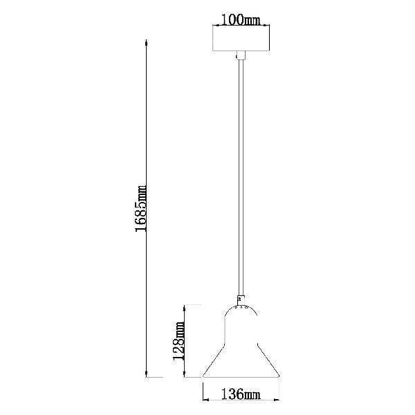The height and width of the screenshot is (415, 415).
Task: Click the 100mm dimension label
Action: [x=241, y=19]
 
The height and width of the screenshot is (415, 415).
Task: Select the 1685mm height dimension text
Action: [x=140, y=209]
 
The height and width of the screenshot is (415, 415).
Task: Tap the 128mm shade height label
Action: [x=178, y=341]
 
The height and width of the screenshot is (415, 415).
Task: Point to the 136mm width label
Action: [x=241, y=394]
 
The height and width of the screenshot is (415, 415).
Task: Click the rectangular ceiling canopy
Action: [x=241, y=38]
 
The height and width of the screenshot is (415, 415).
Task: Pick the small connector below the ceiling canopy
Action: [x=241, y=55]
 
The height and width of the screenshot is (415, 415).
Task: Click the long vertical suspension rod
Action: [x=241, y=177]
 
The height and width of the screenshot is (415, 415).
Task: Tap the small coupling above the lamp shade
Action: [x=241, y=300]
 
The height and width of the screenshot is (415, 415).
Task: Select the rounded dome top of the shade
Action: [x=241, y=306]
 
